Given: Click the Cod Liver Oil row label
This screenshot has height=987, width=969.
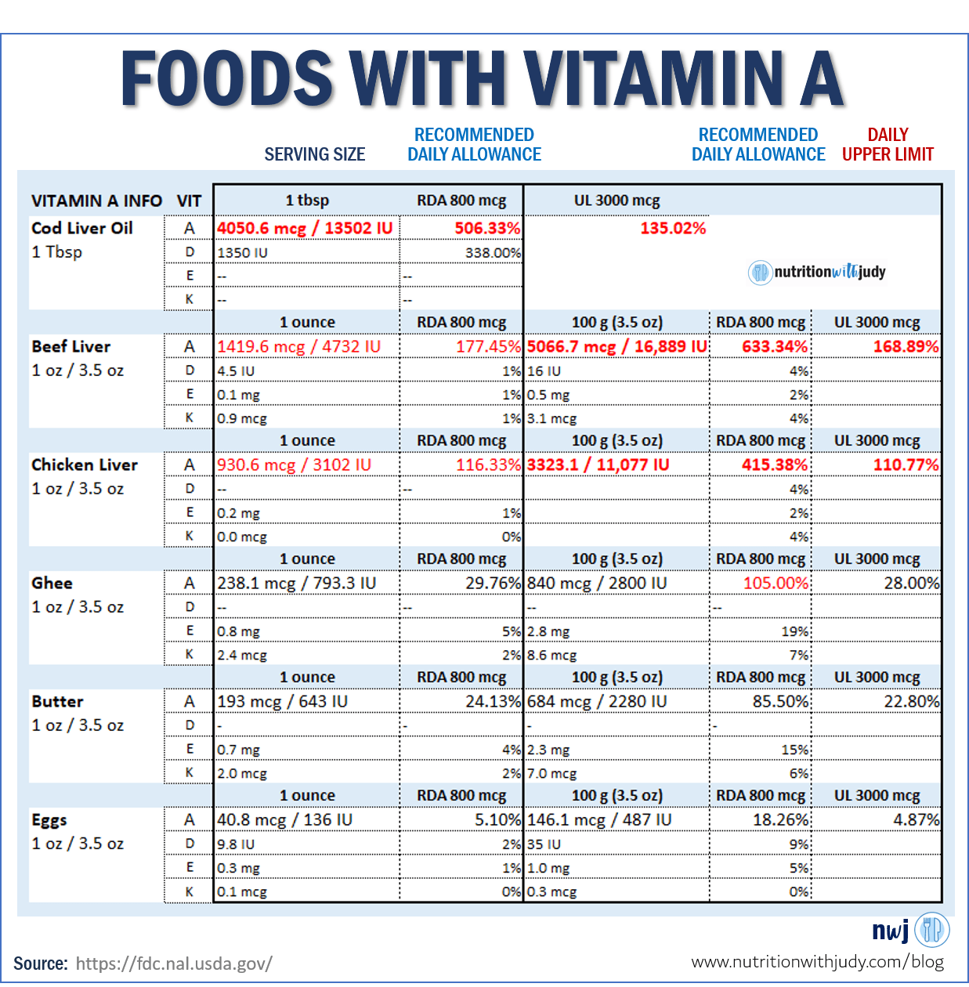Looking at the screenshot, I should click(x=82, y=228).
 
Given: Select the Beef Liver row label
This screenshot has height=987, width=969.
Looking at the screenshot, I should click(x=71, y=346).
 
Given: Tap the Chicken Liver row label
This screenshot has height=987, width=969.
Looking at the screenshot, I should click(x=85, y=465).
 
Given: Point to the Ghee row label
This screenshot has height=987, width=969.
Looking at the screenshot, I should click(x=52, y=583).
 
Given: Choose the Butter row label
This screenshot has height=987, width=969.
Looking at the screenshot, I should click(x=58, y=701).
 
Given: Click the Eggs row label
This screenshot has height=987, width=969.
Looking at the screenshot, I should click(x=49, y=820).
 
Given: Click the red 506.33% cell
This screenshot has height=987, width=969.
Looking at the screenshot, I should click(x=487, y=228).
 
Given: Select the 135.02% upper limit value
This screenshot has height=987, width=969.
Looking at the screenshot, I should click(x=673, y=228).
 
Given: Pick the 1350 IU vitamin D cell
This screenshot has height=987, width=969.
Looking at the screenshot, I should click(x=243, y=252).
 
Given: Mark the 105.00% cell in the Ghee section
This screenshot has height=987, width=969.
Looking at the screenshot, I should click(x=775, y=583).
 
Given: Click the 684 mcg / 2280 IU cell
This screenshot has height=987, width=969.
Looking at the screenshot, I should click(x=597, y=701).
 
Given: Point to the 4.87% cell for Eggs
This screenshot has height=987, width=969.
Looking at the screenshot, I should click(x=916, y=819).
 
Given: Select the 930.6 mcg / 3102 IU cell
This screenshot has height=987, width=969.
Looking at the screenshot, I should click(x=295, y=465).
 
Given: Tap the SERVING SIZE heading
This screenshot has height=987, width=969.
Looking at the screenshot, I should click(x=315, y=154).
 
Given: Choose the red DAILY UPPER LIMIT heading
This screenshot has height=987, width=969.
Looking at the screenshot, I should click(x=888, y=144).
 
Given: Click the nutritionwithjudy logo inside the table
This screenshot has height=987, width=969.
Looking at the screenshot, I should click(x=817, y=272).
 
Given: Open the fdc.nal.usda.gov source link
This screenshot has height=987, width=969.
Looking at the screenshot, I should click(x=174, y=963).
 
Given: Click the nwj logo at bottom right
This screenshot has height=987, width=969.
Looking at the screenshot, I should click(x=910, y=930).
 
